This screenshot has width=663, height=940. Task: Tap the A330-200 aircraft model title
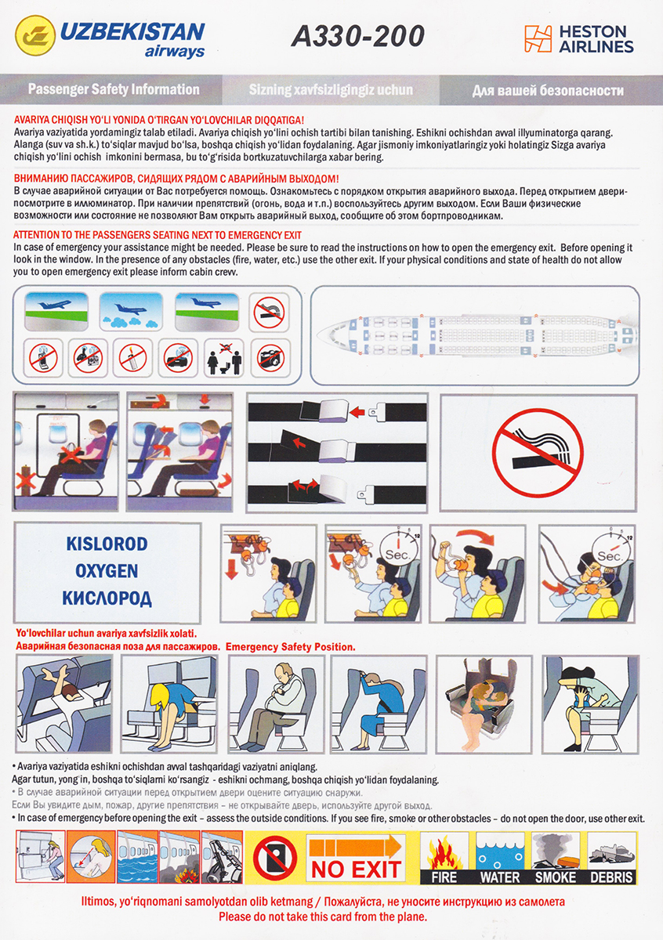pyautogui.click(x=357, y=36)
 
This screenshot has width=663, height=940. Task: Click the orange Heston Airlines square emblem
pyautogui.click(x=538, y=38)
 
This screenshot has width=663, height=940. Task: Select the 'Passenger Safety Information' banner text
pyautogui.click(x=114, y=89)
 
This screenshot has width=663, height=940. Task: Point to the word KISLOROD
pyautogui.click(x=107, y=544)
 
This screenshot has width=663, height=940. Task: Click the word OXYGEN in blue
pyautogui.click(x=107, y=571)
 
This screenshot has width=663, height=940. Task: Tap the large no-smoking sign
pyautogui.click(x=538, y=452)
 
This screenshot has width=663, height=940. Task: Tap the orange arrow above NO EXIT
pyautogui.click(x=356, y=846)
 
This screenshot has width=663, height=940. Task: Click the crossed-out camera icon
pyautogui.click(x=271, y=359)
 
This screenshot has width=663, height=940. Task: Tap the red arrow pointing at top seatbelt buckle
pyautogui.click(x=357, y=412)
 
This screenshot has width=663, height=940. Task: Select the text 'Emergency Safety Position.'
pyautogui.click(x=291, y=647)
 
